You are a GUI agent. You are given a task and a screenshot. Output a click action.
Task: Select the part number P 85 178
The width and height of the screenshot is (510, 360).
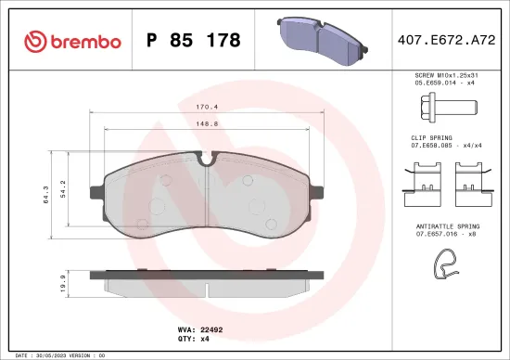coord(194,41)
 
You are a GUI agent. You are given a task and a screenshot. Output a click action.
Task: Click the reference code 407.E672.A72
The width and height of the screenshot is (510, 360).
coord(439,41)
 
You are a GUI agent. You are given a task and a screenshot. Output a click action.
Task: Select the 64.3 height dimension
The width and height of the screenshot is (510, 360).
coord(58,196)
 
